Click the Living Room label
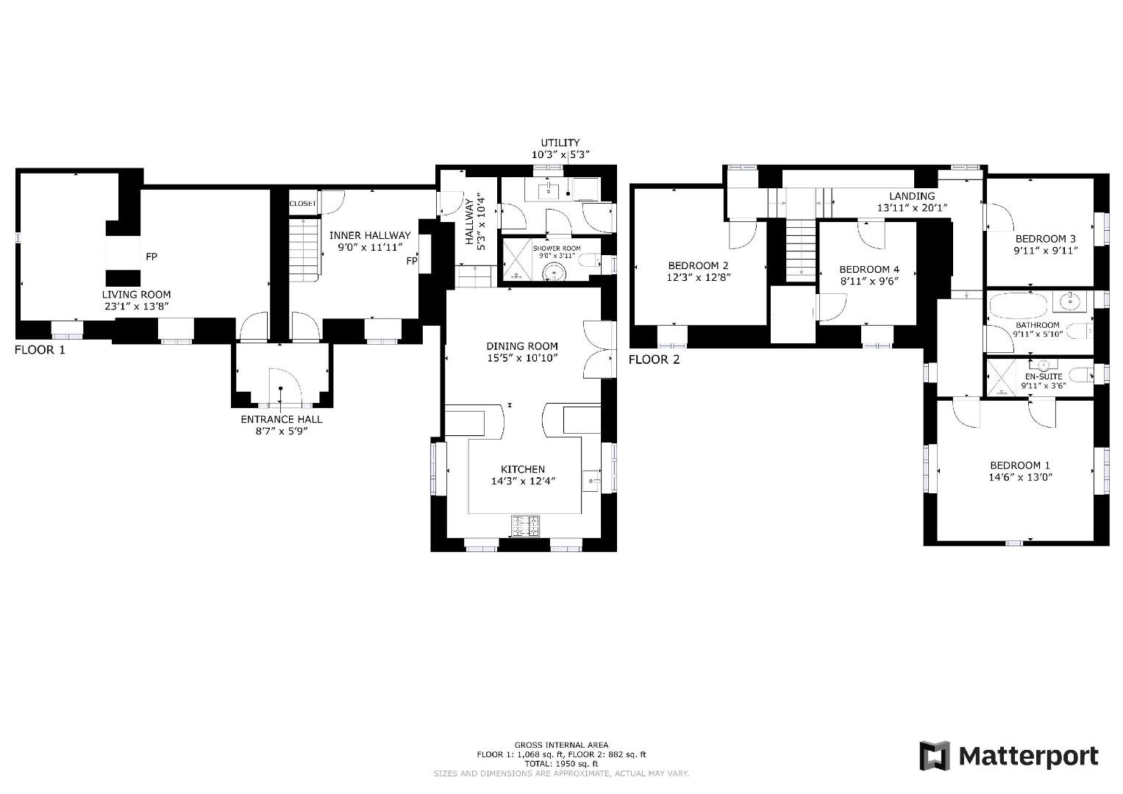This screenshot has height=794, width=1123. click(136, 294)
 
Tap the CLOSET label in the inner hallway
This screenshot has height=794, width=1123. click(302, 204)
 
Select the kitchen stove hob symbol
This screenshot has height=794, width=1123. click(524, 526)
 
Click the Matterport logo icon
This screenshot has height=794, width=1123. click(935, 756)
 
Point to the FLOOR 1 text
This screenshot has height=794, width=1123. click(40, 350)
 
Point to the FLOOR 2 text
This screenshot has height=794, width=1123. click(654, 360)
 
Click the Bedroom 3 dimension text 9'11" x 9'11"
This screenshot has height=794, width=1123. click(1045, 251)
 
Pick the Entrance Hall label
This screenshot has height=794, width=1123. click(281, 419)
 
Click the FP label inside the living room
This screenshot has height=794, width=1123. click(151, 257)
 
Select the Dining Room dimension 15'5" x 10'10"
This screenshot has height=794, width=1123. click(522, 358)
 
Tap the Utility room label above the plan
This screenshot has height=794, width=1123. click(560, 143)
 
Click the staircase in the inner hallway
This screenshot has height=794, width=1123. click(304, 246)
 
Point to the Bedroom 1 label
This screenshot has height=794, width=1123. click(1019, 465)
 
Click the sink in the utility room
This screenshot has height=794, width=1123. click(549, 191)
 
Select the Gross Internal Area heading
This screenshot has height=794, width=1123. click(561, 745)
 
